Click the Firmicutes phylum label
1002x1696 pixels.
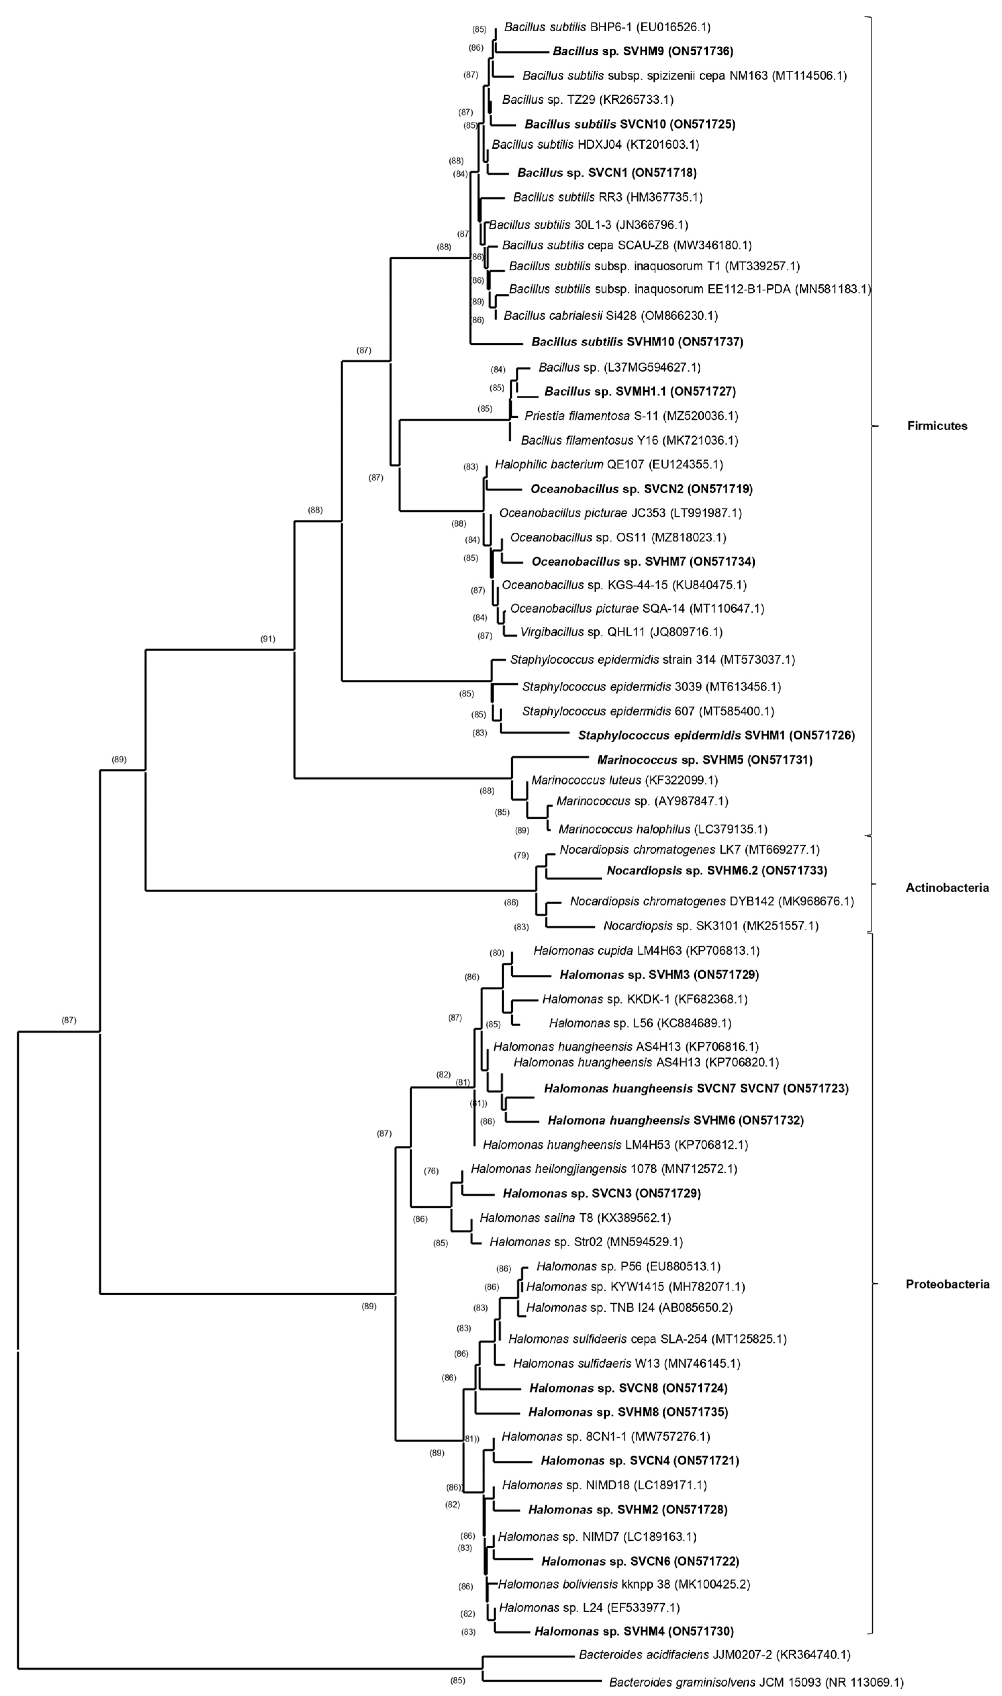[x=937, y=426]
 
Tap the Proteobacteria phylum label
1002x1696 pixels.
[x=947, y=1284]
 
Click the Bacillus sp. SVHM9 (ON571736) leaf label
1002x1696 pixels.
[x=643, y=51]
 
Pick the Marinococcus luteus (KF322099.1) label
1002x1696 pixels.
[x=624, y=780]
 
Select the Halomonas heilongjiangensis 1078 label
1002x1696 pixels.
[x=604, y=1169]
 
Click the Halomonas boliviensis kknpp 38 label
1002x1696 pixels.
[x=624, y=1584]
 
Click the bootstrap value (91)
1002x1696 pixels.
[x=268, y=639]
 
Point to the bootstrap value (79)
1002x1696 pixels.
[x=521, y=856]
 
